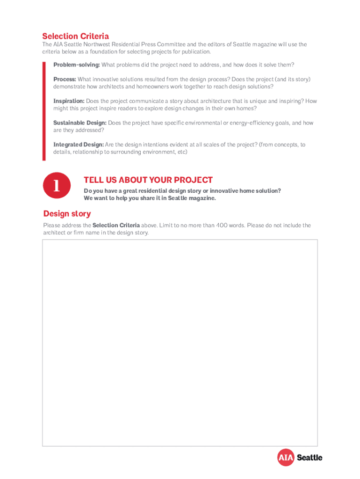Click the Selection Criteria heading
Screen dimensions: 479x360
click(x=75, y=36)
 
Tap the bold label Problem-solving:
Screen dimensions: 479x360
click(x=76, y=64)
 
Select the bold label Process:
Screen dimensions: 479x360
click(x=65, y=79)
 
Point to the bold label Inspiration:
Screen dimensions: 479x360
click(x=69, y=101)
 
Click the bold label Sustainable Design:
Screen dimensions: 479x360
click(x=80, y=123)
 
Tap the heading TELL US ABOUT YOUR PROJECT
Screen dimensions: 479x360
click(x=148, y=180)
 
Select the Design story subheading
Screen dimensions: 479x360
click(x=67, y=214)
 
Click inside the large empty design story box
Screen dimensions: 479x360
click(x=180, y=341)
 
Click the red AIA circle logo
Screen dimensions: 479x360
click(x=286, y=457)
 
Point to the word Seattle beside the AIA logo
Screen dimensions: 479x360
click(x=309, y=457)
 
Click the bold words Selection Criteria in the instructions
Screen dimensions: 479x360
click(x=116, y=225)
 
